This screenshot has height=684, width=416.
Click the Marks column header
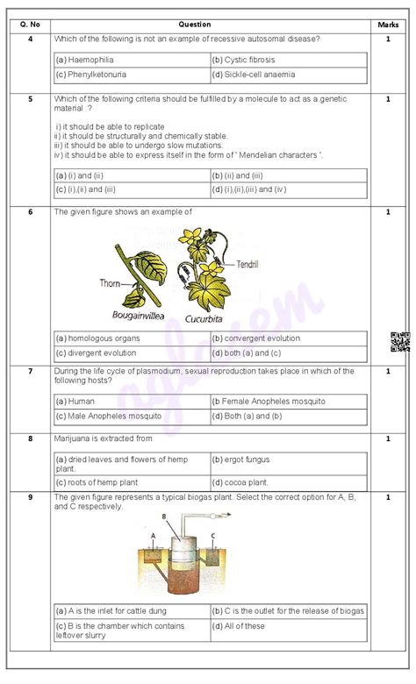point(388,25)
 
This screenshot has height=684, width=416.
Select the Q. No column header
point(30,25)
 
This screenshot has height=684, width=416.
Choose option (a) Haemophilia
point(84,60)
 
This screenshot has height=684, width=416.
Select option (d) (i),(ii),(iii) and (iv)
point(249,189)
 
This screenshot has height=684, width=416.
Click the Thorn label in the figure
point(110,283)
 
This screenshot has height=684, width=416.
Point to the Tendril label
point(247,264)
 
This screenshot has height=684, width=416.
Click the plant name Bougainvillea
point(138,316)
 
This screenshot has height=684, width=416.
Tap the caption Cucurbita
point(204,319)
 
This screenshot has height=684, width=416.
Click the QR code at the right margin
point(400,342)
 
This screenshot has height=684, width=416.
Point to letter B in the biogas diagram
point(164,517)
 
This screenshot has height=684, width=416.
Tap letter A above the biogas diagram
point(154,536)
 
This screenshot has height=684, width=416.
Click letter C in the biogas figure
point(213,536)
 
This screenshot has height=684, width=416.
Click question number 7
point(30,371)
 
